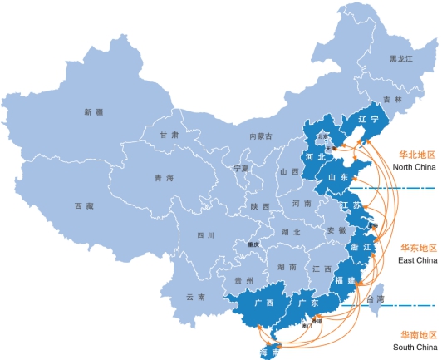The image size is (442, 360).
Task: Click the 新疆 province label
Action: (x=93, y=111)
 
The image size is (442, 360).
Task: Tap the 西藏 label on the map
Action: (x=84, y=205)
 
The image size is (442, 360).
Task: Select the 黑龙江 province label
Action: (x=401, y=59)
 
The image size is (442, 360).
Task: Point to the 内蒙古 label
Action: (x=260, y=136)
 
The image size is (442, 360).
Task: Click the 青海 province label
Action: (x=164, y=178)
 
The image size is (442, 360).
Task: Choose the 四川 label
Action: (x=205, y=235)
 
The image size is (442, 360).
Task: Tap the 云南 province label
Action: (x=196, y=297)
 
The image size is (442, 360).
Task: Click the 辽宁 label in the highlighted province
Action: (x=368, y=119)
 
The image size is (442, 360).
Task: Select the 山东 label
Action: (x=338, y=177)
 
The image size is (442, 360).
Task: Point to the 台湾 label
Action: (x=376, y=298)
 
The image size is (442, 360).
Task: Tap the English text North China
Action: (x=414, y=166)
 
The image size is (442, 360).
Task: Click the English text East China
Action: (x=417, y=260)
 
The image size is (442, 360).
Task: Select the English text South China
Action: (x=414, y=346)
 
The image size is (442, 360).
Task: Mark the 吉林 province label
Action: (x=393, y=100)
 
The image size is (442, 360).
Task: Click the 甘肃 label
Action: (x=169, y=135)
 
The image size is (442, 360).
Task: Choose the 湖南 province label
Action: (x=287, y=267)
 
